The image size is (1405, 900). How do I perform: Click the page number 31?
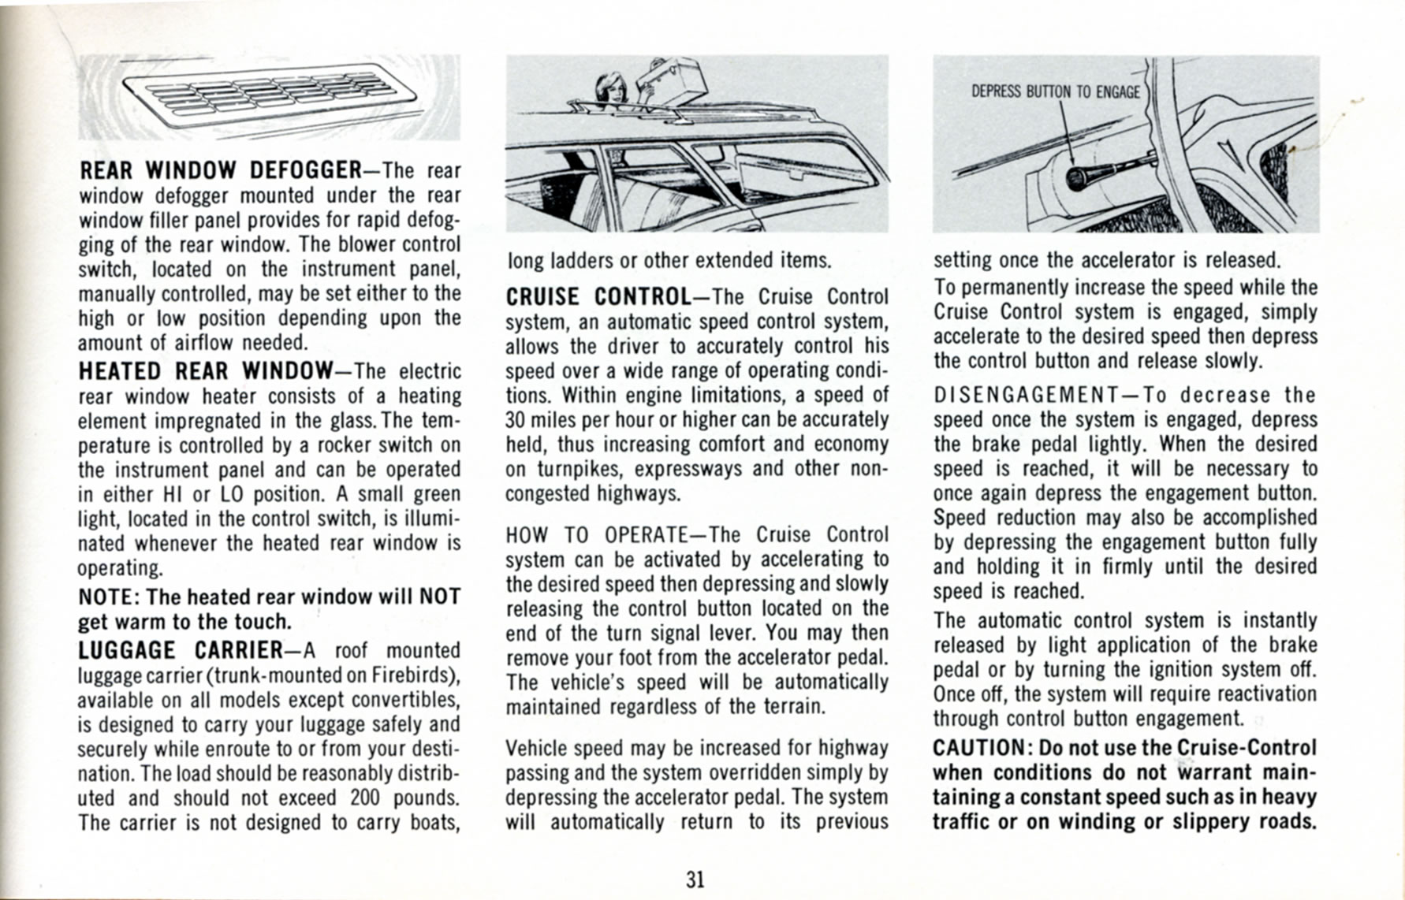tap(695, 880)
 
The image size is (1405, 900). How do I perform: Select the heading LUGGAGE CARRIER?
tap(181, 651)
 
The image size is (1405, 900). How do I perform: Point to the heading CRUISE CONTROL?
tap(598, 297)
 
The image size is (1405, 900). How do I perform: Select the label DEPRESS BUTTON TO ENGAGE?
tap(1055, 92)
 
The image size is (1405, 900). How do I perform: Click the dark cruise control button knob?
tap(1076, 179)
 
